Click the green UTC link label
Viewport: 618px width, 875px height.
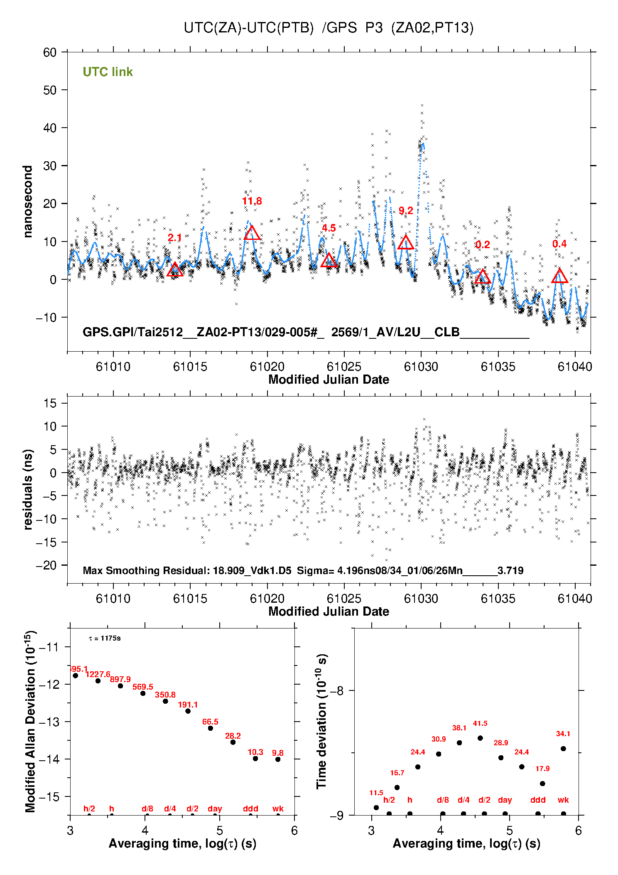coord(108,72)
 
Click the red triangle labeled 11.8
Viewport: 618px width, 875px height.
coord(252,233)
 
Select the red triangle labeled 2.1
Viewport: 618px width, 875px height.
coord(175,270)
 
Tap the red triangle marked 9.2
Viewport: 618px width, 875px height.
coord(406,243)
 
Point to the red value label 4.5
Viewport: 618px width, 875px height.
coord(329,228)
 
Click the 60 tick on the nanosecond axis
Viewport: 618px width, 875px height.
coord(50,52)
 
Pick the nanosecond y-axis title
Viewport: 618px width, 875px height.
coord(28,202)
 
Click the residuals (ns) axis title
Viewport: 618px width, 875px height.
coord(28,489)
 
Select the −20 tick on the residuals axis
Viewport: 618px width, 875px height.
coord(47,565)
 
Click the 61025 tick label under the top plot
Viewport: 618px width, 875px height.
coord(344,367)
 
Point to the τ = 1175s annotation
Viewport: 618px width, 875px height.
coord(105,638)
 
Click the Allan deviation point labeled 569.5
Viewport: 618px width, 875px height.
coord(143,693)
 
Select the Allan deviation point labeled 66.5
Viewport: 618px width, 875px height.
coord(211,728)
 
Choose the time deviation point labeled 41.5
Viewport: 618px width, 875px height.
coord(480,738)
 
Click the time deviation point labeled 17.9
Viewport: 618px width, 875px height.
coord(542,784)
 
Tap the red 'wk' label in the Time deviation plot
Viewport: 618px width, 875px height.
coord(563,800)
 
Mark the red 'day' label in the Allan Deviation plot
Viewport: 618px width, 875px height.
coord(215,808)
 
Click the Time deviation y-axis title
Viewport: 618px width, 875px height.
coord(322,721)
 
